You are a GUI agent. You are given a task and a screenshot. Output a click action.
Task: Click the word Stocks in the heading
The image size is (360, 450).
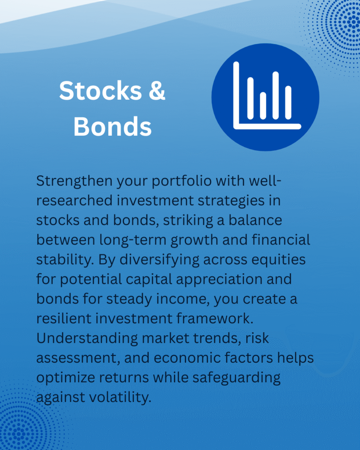[101, 91]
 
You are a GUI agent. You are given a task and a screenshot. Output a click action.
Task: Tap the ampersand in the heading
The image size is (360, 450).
[157, 91]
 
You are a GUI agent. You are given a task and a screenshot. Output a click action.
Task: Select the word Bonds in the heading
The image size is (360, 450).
[113, 127]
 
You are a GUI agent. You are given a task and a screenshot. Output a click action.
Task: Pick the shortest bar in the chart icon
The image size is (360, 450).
[263, 105]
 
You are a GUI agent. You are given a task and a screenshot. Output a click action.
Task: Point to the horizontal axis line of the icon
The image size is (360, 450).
[267, 126]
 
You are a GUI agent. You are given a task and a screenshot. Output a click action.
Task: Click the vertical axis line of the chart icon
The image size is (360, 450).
[236, 95]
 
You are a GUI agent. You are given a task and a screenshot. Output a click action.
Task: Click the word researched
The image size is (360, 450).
[74, 200]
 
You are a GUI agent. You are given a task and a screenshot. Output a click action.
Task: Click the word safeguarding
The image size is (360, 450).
[236, 378]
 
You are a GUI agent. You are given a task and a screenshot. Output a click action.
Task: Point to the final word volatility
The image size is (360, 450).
[120, 397]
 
